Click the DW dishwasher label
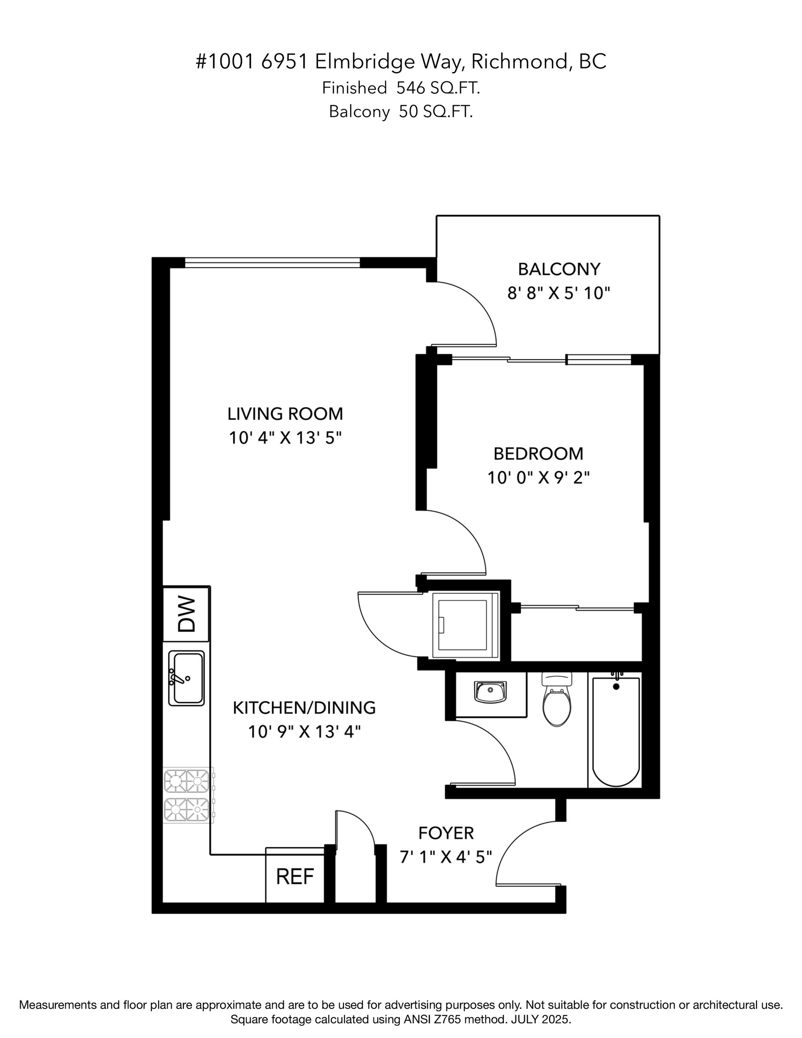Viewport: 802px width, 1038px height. click(187, 614)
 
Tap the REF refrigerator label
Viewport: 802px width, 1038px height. click(295, 877)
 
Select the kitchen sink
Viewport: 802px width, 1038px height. click(187, 678)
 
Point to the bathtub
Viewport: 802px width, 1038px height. click(615, 730)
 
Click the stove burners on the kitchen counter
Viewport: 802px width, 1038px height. click(187, 795)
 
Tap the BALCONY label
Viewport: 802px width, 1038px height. click(559, 269)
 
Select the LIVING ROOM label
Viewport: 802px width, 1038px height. click(285, 414)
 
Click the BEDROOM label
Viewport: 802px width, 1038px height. click(538, 454)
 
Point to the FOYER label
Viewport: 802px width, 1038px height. click(446, 833)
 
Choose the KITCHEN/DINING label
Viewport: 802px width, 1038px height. click(304, 708)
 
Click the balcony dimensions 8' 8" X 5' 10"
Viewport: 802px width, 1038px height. click(559, 293)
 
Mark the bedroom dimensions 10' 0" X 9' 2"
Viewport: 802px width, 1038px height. click(538, 478)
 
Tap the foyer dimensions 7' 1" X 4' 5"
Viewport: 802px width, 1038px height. click(446, 857)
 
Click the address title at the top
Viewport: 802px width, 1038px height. click(401, 62)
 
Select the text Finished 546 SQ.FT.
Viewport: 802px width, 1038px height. click(401, 88)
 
